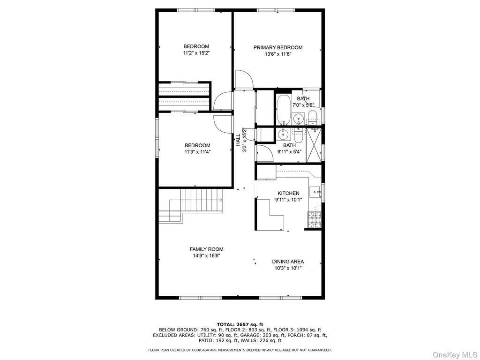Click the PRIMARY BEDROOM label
tap(277, 47)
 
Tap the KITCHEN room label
tap(288, 193)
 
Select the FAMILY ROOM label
tap(206, 249)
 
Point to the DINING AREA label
tap(288, 262)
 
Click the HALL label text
tap(238, 140)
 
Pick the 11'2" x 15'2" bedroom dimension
tap(196, 53)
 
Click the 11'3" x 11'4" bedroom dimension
tap(197, 151)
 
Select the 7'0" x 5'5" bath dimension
tap(303, 105)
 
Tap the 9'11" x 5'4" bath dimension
tap(289, 151)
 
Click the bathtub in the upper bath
tap(284, 110)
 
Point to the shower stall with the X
tap(314, 145)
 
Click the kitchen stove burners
tap(315, 220)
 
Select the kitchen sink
tap(315, 193)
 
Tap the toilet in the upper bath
tap(312, 117)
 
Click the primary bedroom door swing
tap(244, 79)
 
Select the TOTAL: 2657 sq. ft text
tap(240, 324)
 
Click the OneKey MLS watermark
tap(456, 354)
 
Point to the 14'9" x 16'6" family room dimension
tap(206, 255)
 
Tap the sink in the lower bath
tap(284, 134)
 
